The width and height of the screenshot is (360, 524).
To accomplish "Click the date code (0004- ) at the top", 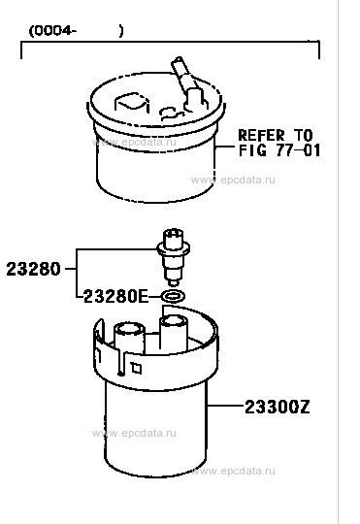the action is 77,31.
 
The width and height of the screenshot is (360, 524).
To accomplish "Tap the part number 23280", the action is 33,269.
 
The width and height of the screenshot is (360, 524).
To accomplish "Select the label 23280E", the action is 115,296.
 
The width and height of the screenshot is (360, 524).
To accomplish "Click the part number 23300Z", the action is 278,407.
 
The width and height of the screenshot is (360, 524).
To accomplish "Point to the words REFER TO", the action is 276,135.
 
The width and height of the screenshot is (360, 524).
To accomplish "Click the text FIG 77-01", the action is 279,150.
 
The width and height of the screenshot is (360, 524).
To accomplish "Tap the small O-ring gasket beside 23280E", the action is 173,296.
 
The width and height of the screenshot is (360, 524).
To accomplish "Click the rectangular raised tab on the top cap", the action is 131,102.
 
